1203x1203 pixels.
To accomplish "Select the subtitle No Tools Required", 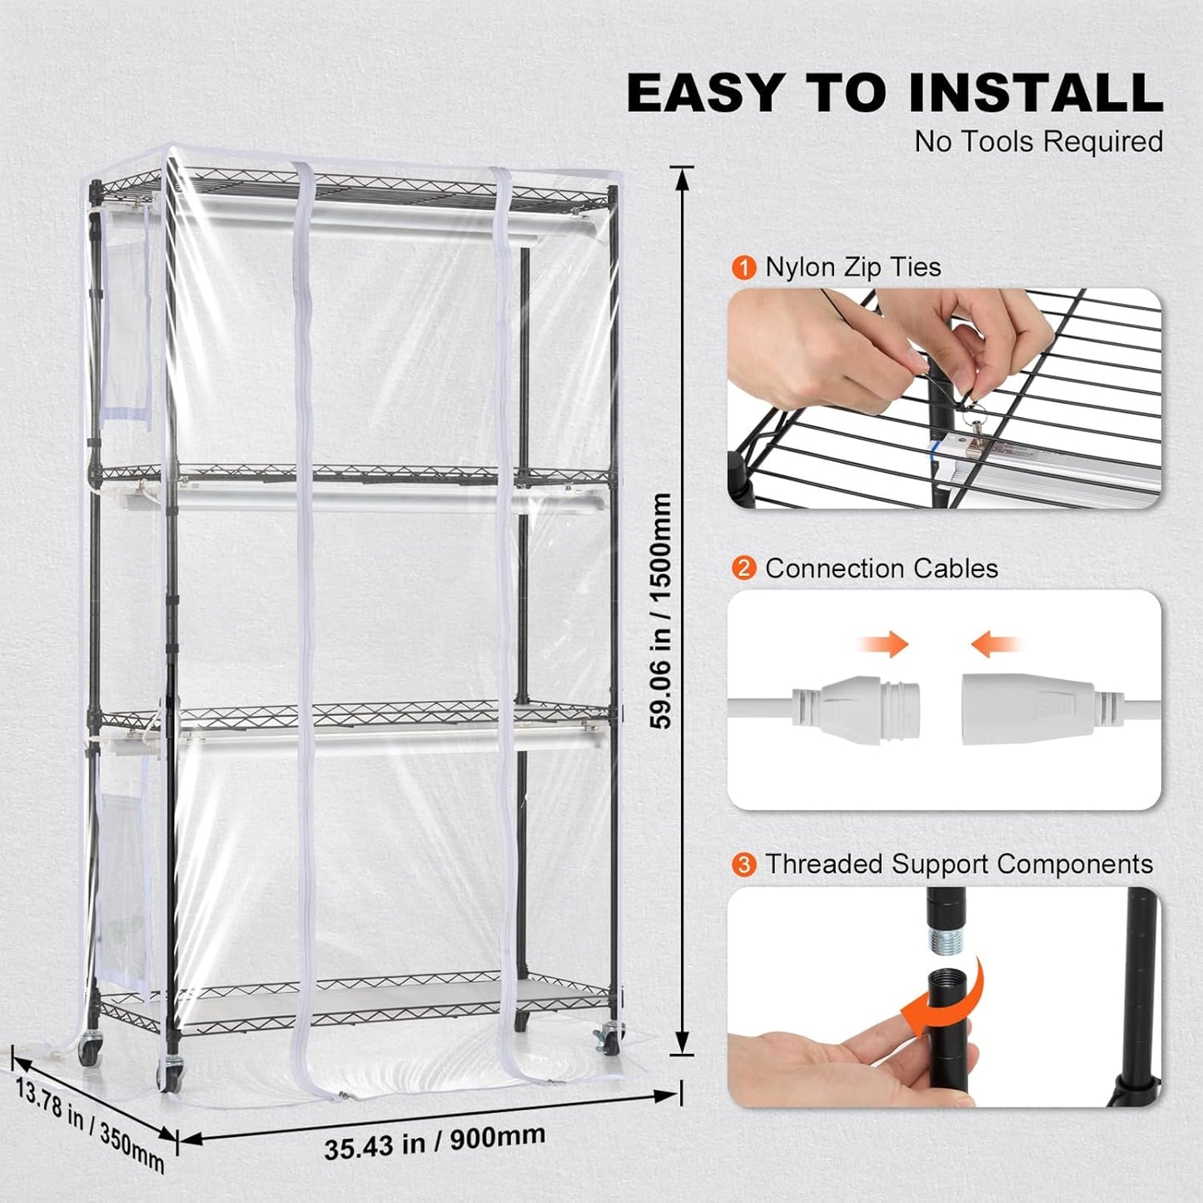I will [x=1038, y=142].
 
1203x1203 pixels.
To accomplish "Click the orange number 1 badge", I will [x=743, y=268].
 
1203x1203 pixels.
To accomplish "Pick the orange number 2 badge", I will [x=743, y=569].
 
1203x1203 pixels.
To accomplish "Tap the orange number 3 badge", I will [x=743, y=864].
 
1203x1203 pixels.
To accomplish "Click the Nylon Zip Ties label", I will [x=853, y=267].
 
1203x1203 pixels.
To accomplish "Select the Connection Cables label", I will [x=881, y=569].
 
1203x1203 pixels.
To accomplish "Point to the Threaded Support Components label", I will [x=959, y=864].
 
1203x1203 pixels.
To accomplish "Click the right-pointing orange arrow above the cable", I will [x=886, y=644].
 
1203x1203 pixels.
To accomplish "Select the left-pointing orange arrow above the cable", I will [x=994, y=644].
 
